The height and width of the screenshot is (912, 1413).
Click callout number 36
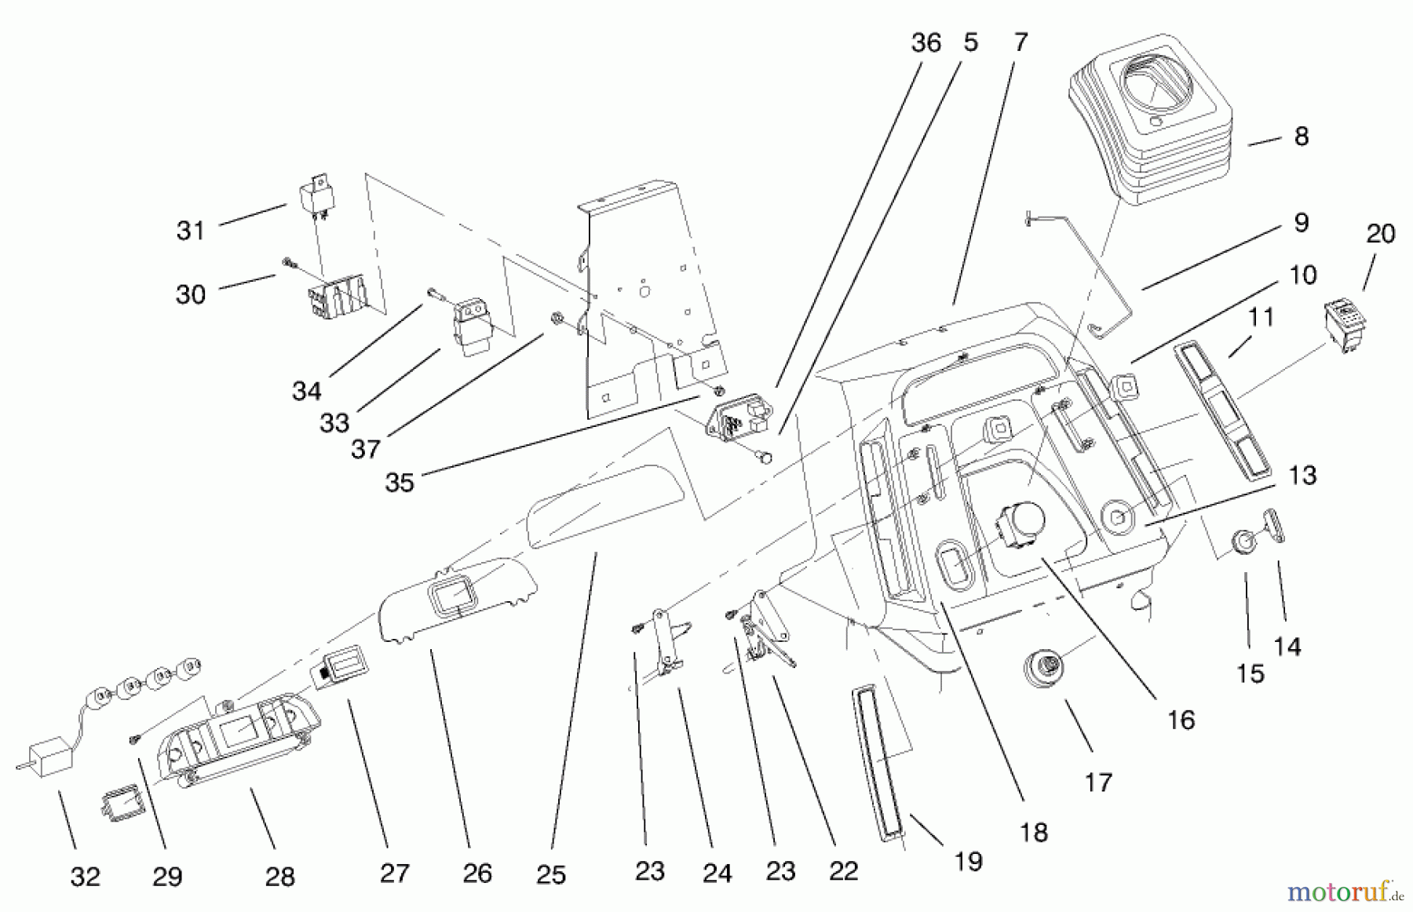926,42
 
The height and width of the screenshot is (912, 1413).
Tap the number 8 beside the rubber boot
1301,137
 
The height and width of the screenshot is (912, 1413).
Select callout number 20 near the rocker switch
1380,233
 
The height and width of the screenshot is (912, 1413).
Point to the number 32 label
85,876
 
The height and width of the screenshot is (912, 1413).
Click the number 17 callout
1098,782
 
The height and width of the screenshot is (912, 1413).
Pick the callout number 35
399,482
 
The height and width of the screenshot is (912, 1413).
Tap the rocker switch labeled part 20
1343,326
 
